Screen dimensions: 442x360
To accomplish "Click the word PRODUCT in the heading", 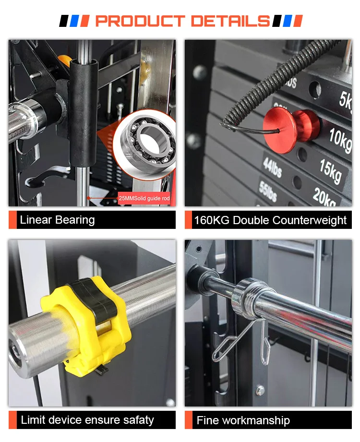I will click(x=140, y=21).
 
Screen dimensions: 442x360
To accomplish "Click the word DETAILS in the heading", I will click(x=230, y=21).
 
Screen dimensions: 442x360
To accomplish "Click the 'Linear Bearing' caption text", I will click(x=57, y=220).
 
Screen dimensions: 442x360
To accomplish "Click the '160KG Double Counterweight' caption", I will click(x=270, y=221).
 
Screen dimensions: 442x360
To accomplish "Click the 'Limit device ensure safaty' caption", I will click(x=87, y=420).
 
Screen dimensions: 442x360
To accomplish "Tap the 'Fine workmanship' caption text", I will click(x=243, y=421).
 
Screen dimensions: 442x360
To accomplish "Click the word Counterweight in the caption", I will click(x=310, y=221).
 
